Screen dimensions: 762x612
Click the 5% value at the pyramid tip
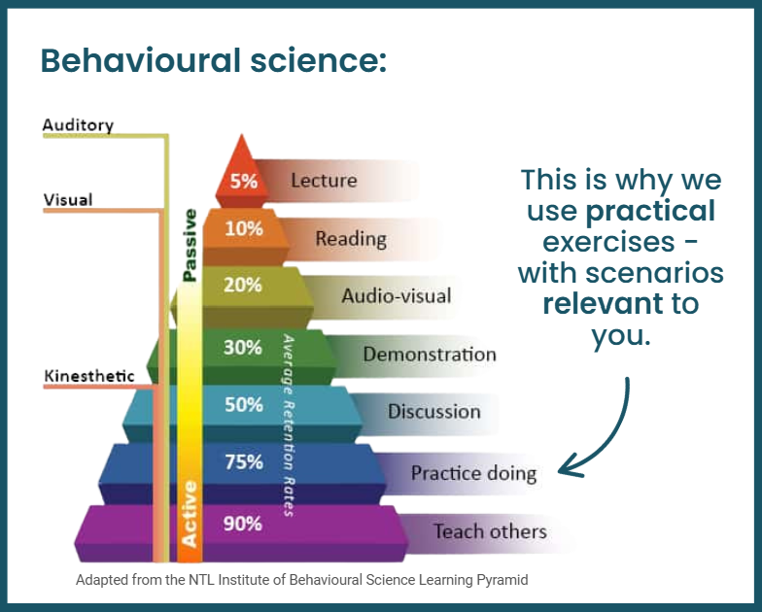[243, 181]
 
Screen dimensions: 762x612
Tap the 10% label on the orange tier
[243, 228]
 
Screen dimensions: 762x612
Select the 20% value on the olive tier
[243, 285]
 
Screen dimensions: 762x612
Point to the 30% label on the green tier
[243, 348]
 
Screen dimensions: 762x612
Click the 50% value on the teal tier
[243, 404]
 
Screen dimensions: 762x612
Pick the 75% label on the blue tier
[243, 461]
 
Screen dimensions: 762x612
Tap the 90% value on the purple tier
[243, 524]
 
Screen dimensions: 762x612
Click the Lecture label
[325, 181]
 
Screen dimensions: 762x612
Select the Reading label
[351, 239]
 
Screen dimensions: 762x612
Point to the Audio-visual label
[397, 295]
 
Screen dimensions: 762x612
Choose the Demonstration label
[430, 354]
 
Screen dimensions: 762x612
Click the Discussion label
[433, 412]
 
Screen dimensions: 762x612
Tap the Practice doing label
[474, 473]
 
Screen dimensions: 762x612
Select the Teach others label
[490, 531]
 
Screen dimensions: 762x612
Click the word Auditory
[78, 125]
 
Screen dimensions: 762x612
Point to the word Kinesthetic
[89, 376]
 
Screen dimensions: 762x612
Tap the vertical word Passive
[190, 245]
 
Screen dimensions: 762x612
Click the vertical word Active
[189, 514]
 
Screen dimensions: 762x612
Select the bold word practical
[650, 212]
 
